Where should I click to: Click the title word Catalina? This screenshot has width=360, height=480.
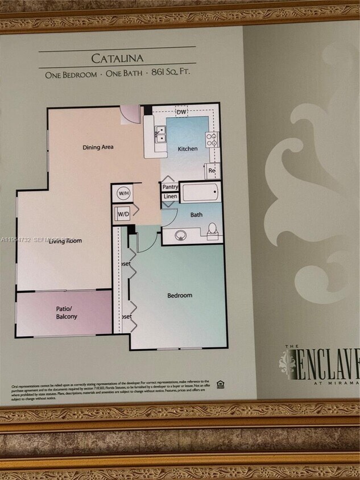[117, 58]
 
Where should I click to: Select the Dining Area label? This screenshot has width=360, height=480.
[98, 147]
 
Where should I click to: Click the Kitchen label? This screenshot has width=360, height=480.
[188, 149]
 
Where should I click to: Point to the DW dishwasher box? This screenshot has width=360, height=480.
[181, 112]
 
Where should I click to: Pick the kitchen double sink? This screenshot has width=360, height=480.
[161, 134]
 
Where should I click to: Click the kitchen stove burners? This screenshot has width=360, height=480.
[212, 139]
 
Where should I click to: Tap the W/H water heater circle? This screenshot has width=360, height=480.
[123, 193]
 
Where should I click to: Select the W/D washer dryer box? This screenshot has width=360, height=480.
[123, 214]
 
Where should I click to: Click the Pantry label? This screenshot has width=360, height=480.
[170, 187]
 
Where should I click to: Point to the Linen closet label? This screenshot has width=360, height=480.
[170, 197]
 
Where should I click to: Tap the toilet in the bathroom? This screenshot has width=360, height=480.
[212, 230]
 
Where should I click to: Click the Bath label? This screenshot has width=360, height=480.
[196, 215]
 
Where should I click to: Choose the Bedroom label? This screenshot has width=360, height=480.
[179, 295]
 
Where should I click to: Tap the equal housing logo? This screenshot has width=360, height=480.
[220, 384]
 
